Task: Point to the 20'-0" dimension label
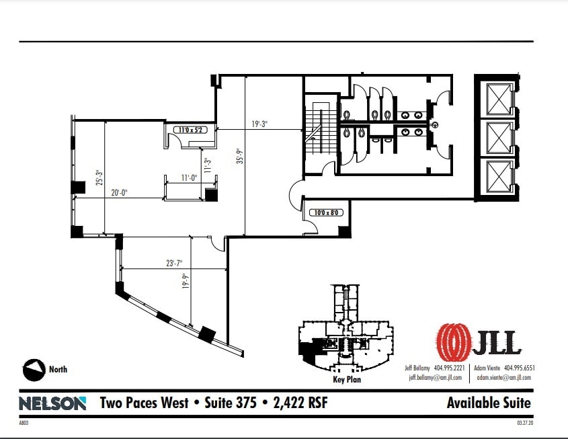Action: coord(120,193)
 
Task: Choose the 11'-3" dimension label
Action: coord(208,164)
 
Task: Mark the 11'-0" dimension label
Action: coord(188,178)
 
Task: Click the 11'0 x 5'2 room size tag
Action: coord(191,130)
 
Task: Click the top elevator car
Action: coord(497,100)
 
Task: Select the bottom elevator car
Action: coord(497,177)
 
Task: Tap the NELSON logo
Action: coord(52,403)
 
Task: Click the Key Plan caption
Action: coord(348,380)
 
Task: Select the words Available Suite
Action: coord(488,403)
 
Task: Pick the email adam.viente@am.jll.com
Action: coord(503,378)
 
